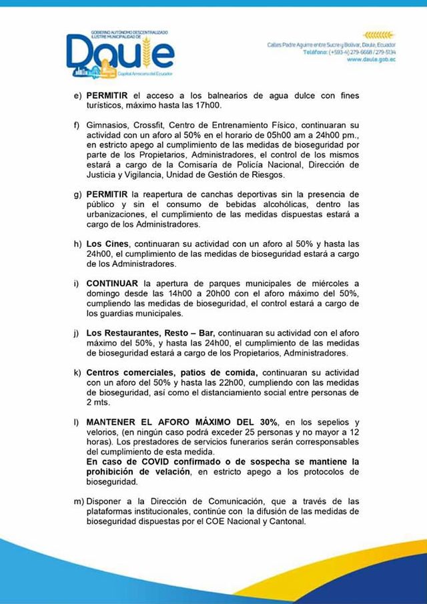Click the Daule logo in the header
120,51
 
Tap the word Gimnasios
107,124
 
